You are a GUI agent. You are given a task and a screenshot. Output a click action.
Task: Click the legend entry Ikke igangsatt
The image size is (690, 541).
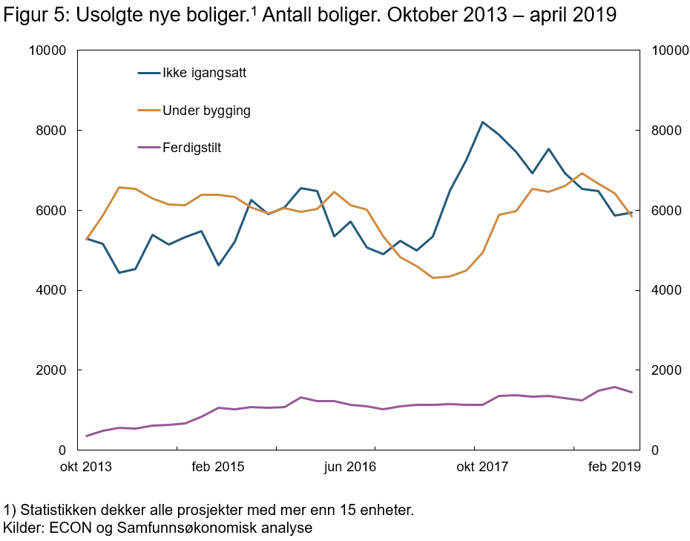[x=204, y=73]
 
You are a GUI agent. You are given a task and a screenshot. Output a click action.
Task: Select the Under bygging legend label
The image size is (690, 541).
[x=206, y=111]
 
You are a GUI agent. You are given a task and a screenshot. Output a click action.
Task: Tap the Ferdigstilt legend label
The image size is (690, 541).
[x=191, y=148]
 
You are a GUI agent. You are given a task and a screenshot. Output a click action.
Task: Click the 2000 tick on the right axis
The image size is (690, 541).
[x=665, y=370]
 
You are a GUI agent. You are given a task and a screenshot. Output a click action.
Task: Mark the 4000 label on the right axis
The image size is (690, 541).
[x=665, y=290]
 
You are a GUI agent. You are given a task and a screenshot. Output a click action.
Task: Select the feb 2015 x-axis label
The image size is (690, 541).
[x=217, y=467]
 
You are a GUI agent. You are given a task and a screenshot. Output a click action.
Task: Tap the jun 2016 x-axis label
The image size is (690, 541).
[x=350, y=467]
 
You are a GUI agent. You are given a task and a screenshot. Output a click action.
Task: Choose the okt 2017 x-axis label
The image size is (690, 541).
[x=482, y=467]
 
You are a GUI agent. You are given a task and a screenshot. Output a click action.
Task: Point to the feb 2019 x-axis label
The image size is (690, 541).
[x=614, y=467]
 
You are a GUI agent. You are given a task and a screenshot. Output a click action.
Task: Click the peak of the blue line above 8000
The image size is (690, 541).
[x=482, y=122]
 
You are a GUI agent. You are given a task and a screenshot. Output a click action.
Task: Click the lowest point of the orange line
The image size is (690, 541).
[x=433, y=278]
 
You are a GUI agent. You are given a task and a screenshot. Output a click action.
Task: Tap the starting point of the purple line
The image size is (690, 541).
[x=87, y=436]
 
